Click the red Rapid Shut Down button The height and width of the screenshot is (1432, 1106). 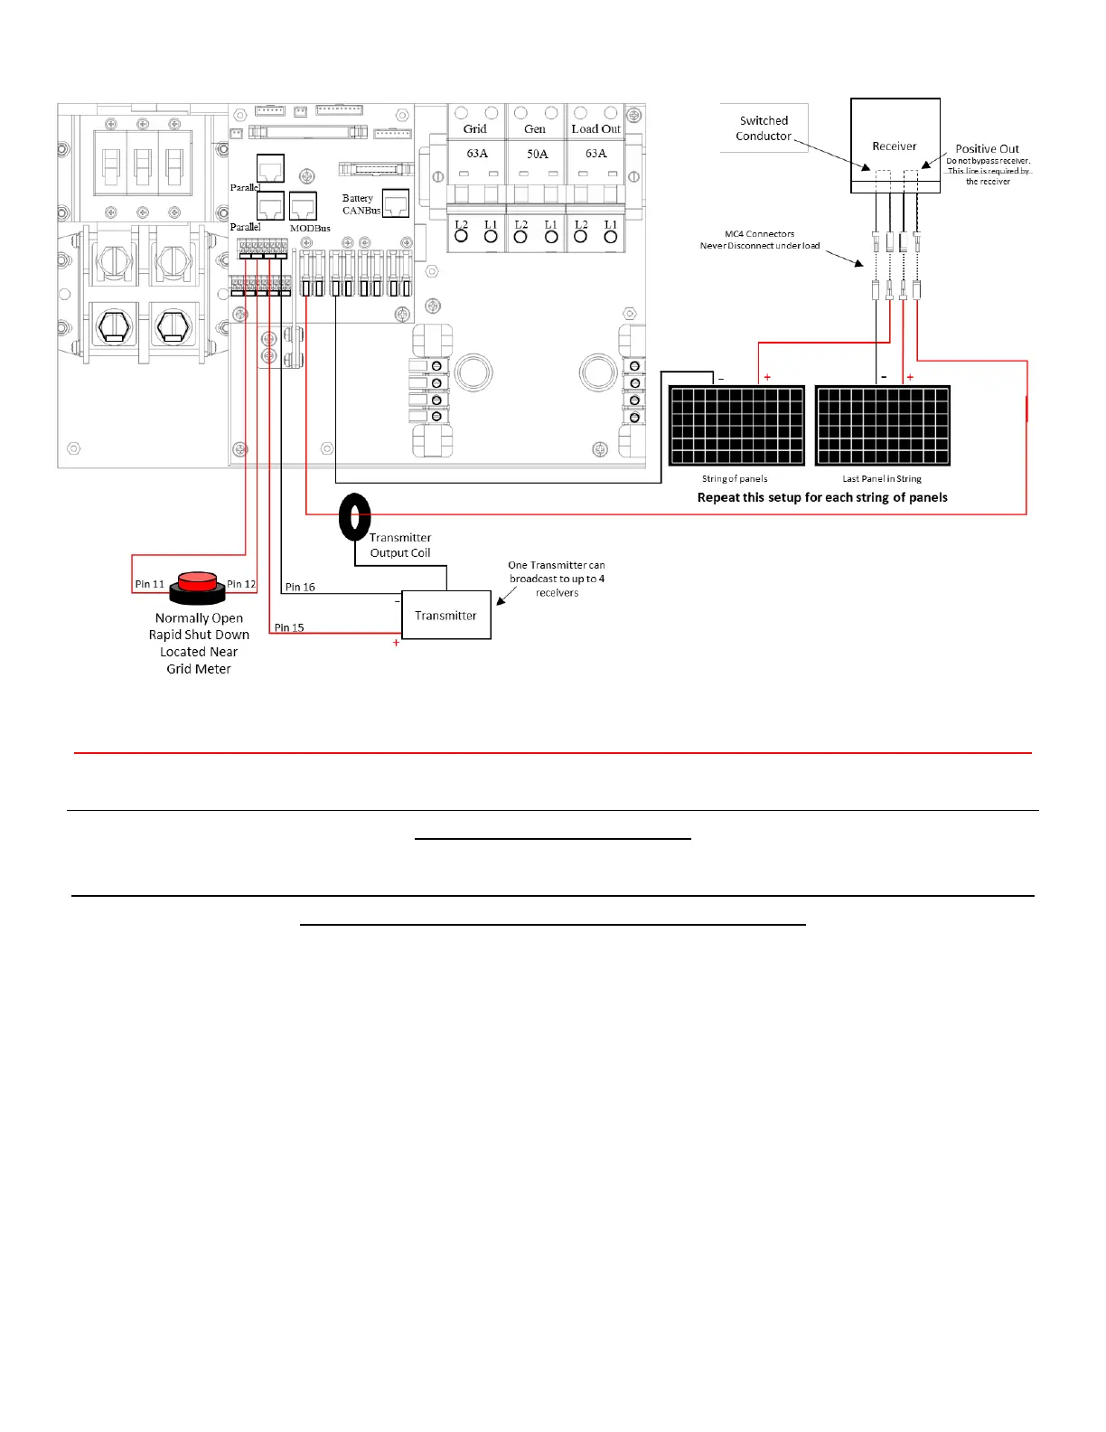[x=198, y=581]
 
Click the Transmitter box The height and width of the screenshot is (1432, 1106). [x=445, y=616]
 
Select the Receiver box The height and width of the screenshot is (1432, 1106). [x=895, y=145]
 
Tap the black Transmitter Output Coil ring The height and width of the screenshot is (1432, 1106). [x=354, y=517]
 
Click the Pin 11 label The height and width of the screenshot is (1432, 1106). [x=150, y=584]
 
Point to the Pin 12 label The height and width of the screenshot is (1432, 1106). [x=241, y=584]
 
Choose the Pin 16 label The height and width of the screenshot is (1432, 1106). [x=300, y=587]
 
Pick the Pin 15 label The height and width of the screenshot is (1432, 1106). [x=289, y=627]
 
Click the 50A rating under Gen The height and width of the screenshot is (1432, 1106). [x=538, y=154]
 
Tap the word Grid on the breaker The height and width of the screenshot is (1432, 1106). [x=475, y=129]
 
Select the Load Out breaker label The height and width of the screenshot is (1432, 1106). [x=595, y=129]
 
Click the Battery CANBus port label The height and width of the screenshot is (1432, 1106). [x=361, y=204]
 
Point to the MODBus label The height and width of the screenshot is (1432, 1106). [x=310, y=229]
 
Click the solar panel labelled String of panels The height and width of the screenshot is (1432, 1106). [x=736, y=425]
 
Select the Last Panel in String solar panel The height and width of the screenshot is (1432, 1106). [x=883, y=425]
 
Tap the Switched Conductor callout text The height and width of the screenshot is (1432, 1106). [x=764, y=128]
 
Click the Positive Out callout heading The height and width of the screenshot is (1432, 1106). [x=987, y=149]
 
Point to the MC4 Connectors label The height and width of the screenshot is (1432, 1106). [x=759, y=234]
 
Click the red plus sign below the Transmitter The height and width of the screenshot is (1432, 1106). [x=396, y=643]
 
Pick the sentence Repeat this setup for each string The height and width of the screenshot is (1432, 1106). [x=822, y=497]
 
